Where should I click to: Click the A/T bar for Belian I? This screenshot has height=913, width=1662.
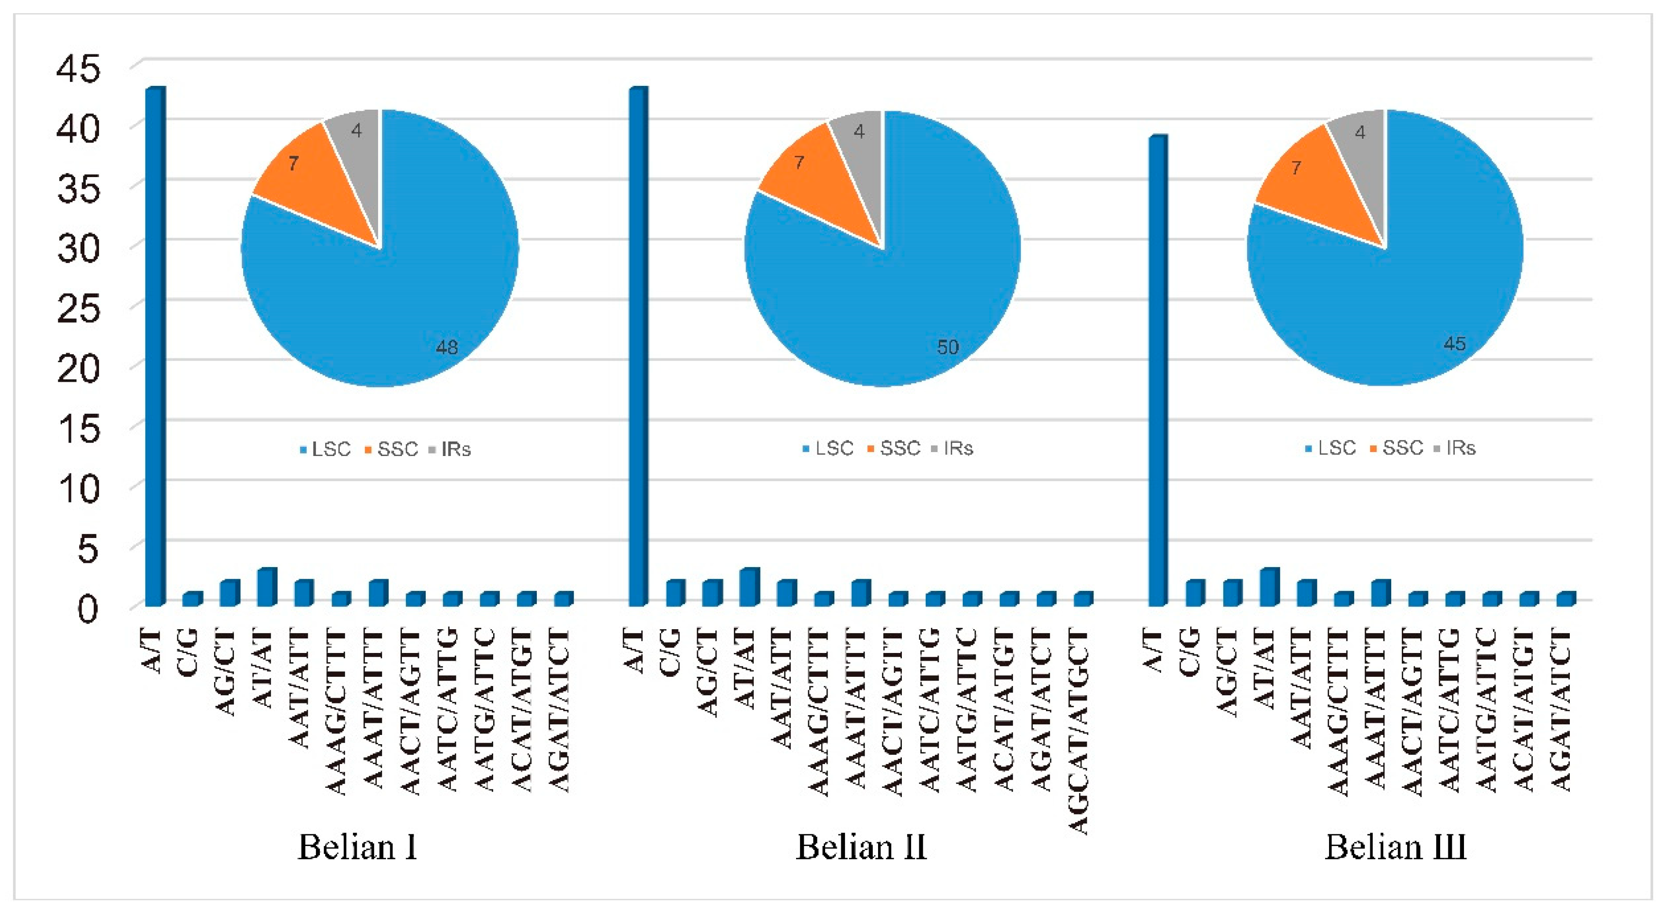155,348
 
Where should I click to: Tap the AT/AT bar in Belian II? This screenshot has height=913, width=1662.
748,587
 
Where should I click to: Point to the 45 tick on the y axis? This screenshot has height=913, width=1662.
79,68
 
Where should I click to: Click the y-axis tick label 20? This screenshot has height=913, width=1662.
79,370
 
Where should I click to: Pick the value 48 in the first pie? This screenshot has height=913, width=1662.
447,347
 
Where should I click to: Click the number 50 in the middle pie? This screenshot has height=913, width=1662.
947,347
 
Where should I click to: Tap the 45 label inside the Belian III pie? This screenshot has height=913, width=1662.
1454,343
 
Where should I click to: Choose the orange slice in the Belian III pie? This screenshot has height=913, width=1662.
1316,187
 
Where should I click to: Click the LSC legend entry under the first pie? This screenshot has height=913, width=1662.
326,449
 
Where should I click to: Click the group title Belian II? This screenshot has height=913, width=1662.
861,847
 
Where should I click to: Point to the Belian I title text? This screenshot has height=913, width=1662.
357,847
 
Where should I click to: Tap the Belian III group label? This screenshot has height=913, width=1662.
1395,847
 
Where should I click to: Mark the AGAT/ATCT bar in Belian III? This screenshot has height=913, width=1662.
1566,599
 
